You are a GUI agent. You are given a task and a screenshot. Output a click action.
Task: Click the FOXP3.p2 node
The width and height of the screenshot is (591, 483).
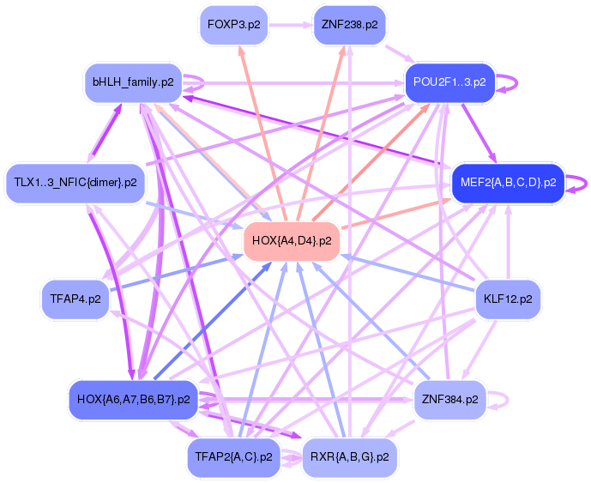[233, 25]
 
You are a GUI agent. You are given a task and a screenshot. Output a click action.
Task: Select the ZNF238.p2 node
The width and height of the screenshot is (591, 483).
[349, 25]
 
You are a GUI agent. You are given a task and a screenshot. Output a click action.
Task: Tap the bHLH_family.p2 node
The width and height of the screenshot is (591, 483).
[133, 82]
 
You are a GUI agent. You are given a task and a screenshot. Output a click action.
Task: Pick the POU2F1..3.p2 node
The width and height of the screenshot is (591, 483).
[449, 82]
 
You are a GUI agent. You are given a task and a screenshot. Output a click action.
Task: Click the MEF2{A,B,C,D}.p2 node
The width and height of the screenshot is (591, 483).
[508, 183]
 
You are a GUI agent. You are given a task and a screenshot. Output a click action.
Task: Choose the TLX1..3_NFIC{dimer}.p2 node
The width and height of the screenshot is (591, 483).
[75, 183]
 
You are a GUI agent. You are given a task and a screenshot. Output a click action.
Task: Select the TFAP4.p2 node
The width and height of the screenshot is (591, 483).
[76, 299]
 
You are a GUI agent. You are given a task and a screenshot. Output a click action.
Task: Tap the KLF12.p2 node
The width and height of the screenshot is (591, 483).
[508, 299]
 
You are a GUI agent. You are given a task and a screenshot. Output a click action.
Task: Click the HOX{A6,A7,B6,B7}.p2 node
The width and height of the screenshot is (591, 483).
[133, 399]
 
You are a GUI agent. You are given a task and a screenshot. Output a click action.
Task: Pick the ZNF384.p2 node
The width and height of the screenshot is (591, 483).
[449, 399]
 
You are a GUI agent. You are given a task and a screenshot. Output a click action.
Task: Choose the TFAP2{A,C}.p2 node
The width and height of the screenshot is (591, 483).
[233, 456]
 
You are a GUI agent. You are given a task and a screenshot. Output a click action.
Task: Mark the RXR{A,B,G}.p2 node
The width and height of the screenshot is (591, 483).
[349, 456]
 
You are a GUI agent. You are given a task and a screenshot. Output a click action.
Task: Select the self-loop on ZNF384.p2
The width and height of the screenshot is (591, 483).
[509, 399]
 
